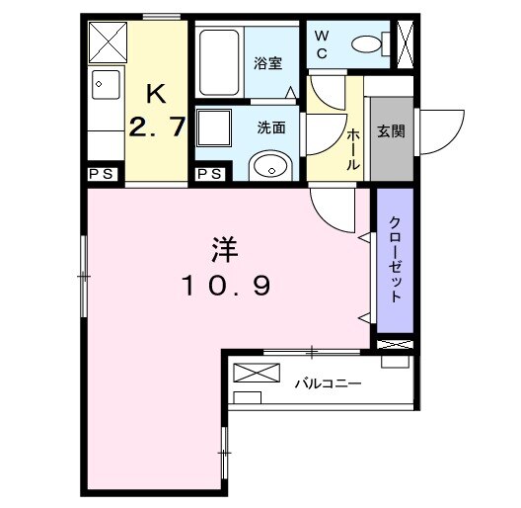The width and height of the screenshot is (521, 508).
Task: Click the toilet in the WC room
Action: coord(371,43)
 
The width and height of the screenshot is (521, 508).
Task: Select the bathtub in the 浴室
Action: coord(220,59)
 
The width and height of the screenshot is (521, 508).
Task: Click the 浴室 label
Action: coord(268,64)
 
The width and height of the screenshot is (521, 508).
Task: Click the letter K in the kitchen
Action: coord(156,95)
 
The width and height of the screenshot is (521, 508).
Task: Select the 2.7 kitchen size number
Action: coord(156,128)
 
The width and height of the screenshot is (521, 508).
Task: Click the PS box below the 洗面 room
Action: coord(208,174)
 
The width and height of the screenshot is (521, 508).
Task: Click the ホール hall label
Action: coord(352,148)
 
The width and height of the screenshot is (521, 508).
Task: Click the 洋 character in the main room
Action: coord(224,248)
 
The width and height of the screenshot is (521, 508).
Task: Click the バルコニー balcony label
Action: coord(328,382)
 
